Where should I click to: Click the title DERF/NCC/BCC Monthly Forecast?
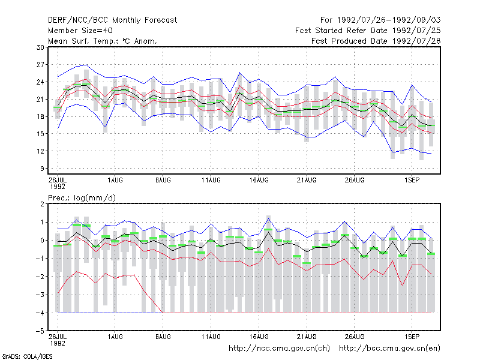point(112,20)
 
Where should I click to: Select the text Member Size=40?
point(80,31)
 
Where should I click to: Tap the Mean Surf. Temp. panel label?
point(103,41)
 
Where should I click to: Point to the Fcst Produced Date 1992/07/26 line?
point(376,41)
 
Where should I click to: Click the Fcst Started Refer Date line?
point(368,31)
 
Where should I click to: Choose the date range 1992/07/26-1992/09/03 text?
point(389,20)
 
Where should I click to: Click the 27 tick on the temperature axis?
point(40,65)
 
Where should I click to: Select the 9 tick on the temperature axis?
point(42,169)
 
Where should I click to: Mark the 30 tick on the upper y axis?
point(40,47)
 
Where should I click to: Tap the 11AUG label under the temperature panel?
point(211,181)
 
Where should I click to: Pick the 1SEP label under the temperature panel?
point(412,181)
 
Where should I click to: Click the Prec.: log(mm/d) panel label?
point(82,198)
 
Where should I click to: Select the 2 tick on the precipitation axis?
point(42,204)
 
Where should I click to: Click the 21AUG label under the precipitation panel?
point(307,337)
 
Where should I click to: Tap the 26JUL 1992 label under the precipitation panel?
point(58,340)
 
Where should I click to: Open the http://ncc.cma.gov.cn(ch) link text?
point(279,349)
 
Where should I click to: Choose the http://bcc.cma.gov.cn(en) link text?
point(389,349)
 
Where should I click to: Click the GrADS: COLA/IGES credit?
point(27,356)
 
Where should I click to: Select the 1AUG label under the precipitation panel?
point(115,337)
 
